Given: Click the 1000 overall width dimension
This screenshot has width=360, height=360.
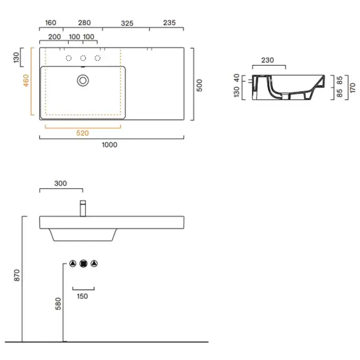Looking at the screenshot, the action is pyautogui.click(x=110, y=145).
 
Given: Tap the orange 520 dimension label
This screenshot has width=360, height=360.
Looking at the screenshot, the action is pyautogui.click(x=82, y=133).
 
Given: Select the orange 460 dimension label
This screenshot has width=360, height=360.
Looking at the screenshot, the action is pyautogui.click(x=26, y=80).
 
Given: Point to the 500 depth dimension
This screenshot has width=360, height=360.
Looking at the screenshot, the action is pyautogui.click(x=200, y=85).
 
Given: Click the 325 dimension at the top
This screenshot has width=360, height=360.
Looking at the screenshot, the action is pyautogui.click(x=127, y=23).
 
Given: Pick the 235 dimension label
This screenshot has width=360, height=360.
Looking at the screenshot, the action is pyautogui.click(x=169, y=23).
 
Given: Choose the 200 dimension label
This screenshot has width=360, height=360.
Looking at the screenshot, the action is pyautogui.click(x=55, y=37).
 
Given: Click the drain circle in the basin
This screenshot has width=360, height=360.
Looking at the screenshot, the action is pyautogui.click(x=83, y=80).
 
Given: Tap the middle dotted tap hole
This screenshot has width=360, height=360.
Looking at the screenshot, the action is pyautogui.click(x=83, y=58).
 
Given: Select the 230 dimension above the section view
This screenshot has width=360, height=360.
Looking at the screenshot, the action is pyautogui.click(x=267, y=60).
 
